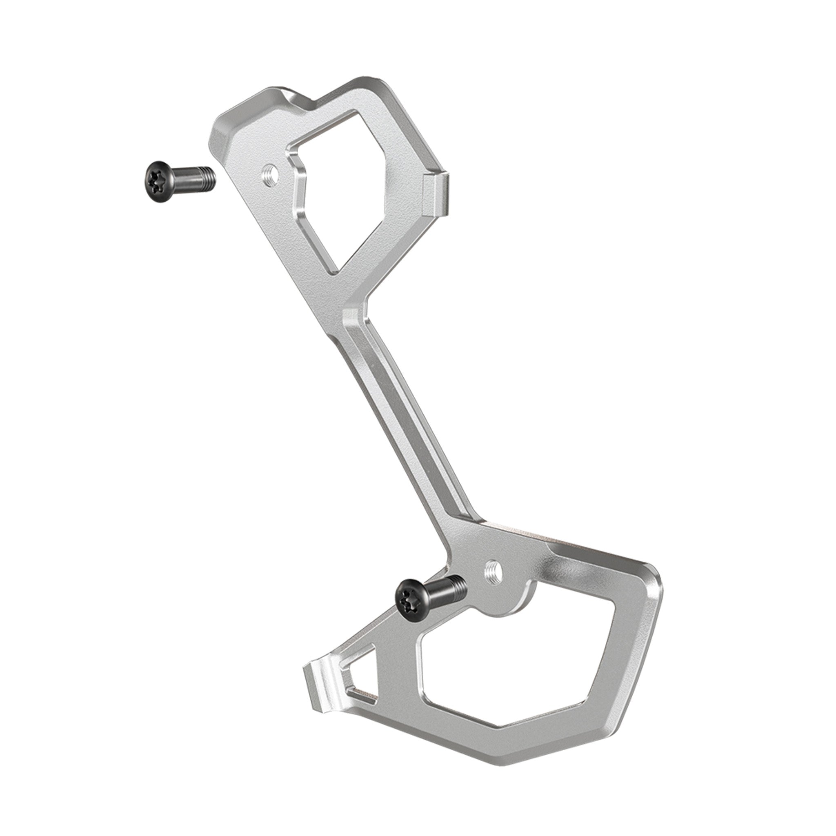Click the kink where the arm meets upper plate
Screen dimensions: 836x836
coord(355,309)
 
